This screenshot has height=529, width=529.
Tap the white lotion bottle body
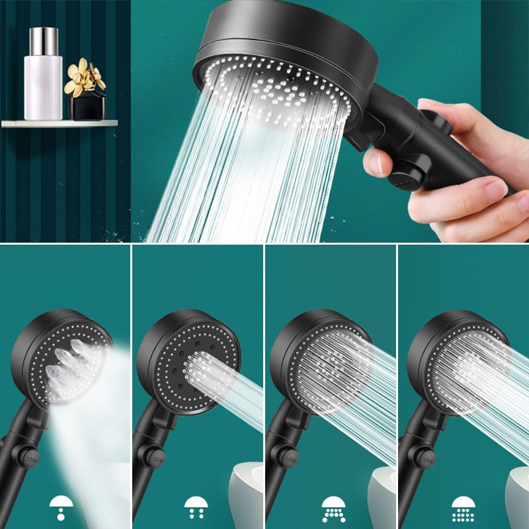point(43,86)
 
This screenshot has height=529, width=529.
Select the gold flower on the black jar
point(85,76)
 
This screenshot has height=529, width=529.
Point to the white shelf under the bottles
point(59,123)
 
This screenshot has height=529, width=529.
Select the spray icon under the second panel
point(195,507)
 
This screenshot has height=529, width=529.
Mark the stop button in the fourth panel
point(421,457)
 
